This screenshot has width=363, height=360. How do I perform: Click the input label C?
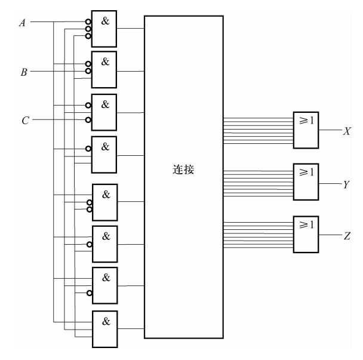[x=24, y=120]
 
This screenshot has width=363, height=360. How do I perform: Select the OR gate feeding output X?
[x=306, y=130]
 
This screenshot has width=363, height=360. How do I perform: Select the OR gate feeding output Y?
[x=306, y=182]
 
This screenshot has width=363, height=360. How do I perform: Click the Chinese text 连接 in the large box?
[x=183, y=170]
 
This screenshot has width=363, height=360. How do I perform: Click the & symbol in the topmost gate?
[x=105, y=20]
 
